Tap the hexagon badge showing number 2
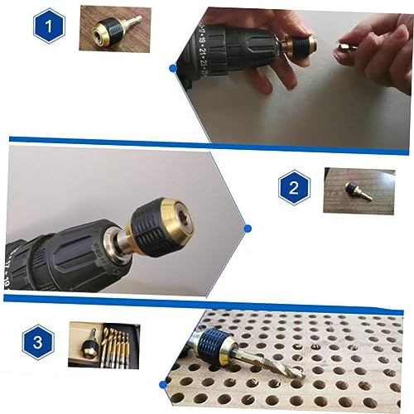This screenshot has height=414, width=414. tap(294, 188)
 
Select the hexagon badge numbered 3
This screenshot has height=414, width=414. tap(39, 342)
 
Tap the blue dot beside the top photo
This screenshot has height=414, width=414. tap(173, 66)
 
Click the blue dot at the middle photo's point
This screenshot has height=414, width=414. tap(247, 227)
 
